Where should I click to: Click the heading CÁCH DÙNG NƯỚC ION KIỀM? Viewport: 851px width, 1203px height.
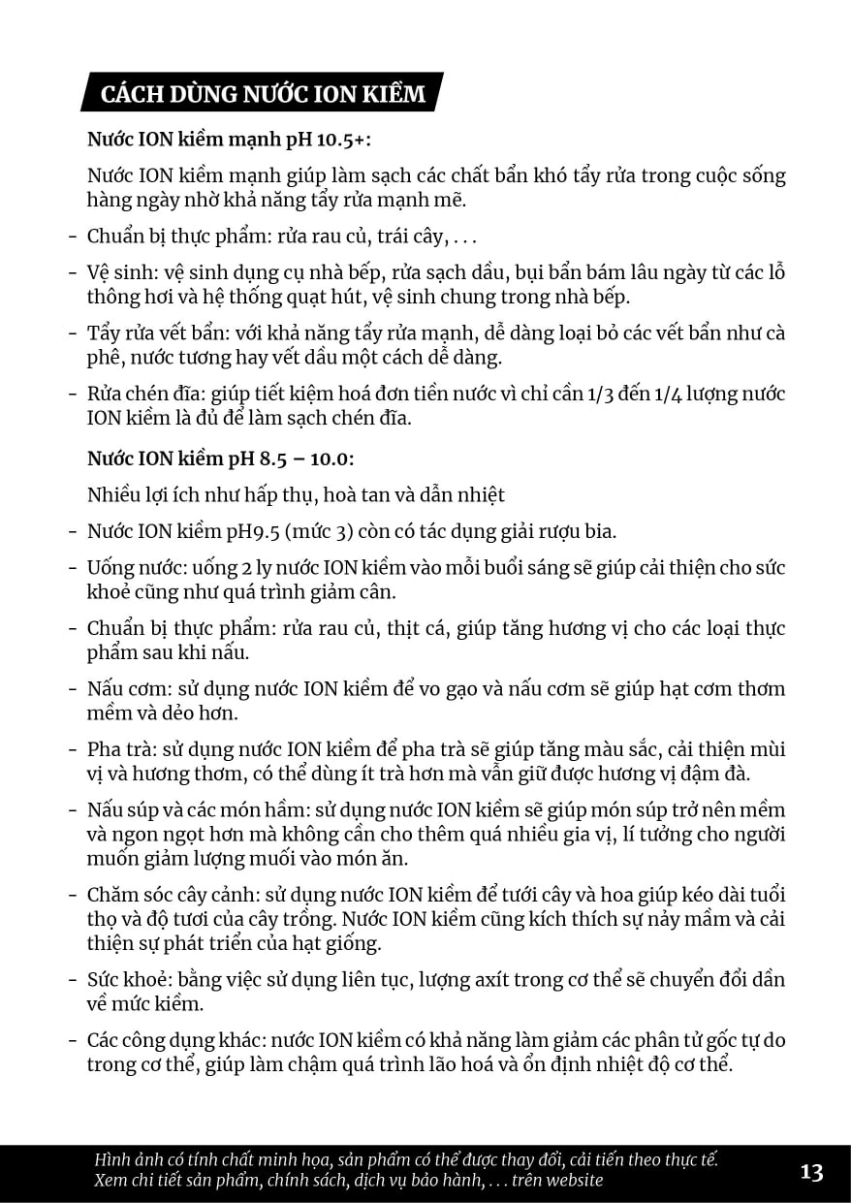pyautogui.click(x=263, y=94)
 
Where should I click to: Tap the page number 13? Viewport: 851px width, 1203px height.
pyautogui.click(x=811, y=1172)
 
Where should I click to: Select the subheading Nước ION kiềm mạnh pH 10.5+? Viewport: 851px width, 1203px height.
pyautogui.click(x=229, y=139)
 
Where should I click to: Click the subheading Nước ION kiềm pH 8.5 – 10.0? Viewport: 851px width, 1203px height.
pyautogui.click(x=221, y=458)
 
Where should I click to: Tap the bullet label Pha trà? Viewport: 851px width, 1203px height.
pyautogui.click(x=117, y=749)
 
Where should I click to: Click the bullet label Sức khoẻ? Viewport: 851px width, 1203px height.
pyautogui.click(x=127, y=980)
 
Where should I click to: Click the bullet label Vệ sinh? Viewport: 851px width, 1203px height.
pyautogui.click(x=117, y=273)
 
